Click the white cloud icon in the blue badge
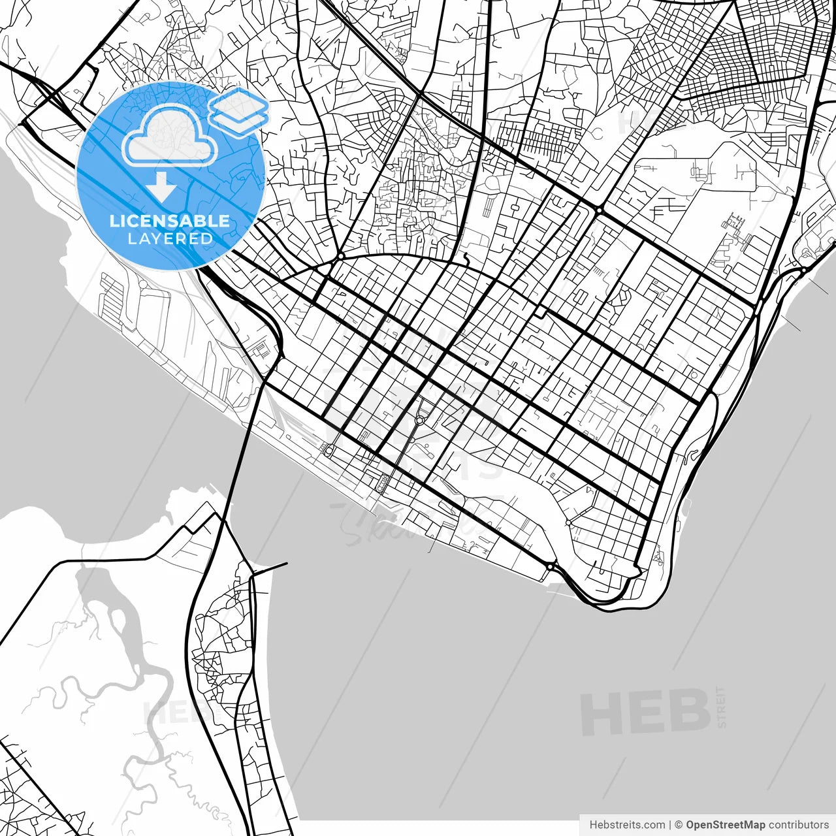(170, 135)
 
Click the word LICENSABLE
(170, 221)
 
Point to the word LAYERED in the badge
(170, 239)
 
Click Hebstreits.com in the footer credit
(627, 825)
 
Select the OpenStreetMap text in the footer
(726, 825)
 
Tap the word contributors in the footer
(799, 825)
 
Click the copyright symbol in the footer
(679, 825)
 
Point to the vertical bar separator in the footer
(670, 825)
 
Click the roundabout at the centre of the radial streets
(394, 116)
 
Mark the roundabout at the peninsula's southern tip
(551, 566)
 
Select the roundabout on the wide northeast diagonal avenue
(598, 210)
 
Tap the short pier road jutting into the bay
(271, 566)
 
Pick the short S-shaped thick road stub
(465, 260)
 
